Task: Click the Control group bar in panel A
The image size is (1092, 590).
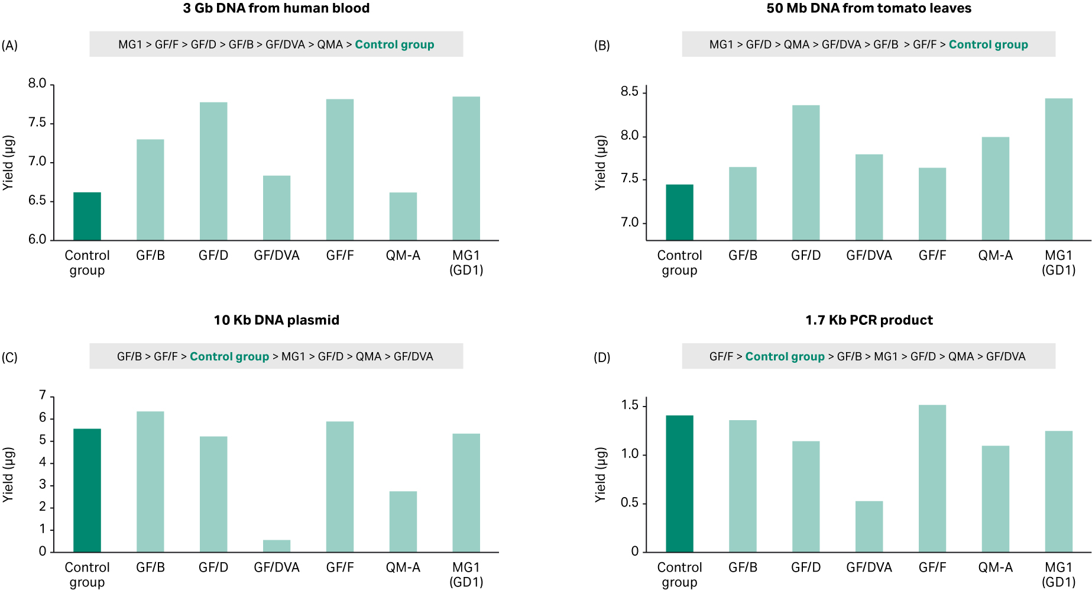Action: tap(87, 216)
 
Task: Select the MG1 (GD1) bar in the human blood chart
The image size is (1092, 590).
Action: tap(466, 169)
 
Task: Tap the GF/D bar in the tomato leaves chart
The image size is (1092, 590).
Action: tap(806, 173)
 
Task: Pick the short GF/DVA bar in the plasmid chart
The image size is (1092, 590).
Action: tap(277, 546)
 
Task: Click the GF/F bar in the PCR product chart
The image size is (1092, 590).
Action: tap(932, 478)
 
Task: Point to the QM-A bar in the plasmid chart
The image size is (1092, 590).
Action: tap(403, 521)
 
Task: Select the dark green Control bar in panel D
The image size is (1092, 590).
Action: tap(679, 483)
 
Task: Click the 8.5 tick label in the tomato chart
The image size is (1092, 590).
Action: tap(629, 92)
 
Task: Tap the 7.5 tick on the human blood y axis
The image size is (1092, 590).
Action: tap(37, 122)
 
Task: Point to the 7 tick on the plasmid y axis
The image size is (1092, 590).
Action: tap(43, 395)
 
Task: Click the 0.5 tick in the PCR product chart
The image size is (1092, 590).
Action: tap(629, 503)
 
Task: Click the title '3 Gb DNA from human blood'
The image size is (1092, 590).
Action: tap(276, 8)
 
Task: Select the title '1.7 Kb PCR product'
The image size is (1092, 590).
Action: tap(869, 320)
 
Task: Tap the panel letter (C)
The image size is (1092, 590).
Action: tap(9, 357)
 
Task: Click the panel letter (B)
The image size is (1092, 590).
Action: tap(602, 46)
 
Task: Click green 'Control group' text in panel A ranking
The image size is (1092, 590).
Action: tap(394, 45)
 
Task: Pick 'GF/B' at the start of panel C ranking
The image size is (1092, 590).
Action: tap(129, 357)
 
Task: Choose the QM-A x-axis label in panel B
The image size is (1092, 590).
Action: tap(995, 256)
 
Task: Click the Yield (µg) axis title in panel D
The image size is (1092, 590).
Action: tap(601, 475)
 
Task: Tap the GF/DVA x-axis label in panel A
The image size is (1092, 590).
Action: tap(277, 256)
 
